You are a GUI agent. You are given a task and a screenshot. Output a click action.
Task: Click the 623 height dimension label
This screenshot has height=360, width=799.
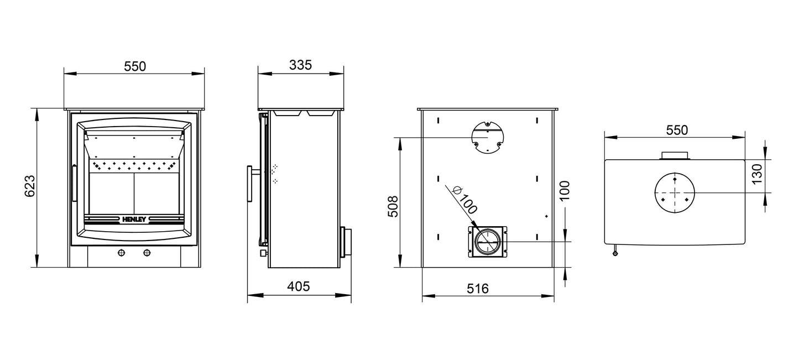pyautogui.click(x=30, y=186)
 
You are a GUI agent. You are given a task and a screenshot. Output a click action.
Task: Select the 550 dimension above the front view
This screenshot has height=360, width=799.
pyautogui.click(x=134, y=66)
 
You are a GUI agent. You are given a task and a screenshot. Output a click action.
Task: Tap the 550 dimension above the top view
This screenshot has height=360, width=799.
pyautogui.click(x=676, y=131)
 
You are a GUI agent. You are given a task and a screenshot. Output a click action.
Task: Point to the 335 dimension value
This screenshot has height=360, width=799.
pyautogui.click(x=301, y=65)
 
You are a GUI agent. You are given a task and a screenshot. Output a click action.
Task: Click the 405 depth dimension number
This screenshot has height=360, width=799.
pyautogui.click(x=299, y=286)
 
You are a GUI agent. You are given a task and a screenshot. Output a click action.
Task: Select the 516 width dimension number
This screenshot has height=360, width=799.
pyautogui.click(x=478, y=289)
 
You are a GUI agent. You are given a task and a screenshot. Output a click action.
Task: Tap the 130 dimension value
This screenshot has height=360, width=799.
pyautogui.click(x=757, y=174)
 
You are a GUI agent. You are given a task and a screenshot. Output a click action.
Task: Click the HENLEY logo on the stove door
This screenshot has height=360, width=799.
pyautogui.click(x=134, y=218)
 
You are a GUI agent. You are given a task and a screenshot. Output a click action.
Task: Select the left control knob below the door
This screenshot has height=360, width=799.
pyautogui.click(x=121, y=253)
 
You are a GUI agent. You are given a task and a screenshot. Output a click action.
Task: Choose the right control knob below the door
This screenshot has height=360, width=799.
pyautogui.click(x=147, y=253)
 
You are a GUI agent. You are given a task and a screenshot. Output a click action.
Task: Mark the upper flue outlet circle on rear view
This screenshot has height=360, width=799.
pyautogui.click(x=487, y=138)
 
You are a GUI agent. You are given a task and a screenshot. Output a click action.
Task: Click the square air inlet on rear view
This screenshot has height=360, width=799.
pyautogui.click(x=487, y=242)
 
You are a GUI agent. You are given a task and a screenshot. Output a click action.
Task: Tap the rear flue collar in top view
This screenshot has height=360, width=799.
pyautogui.click(x=675, y=155)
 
